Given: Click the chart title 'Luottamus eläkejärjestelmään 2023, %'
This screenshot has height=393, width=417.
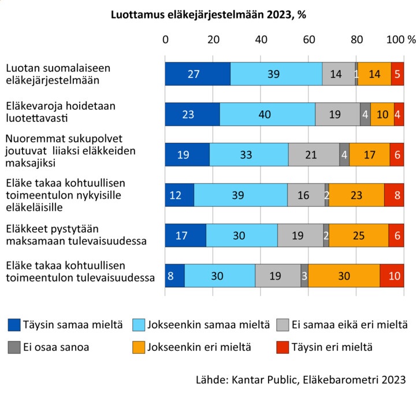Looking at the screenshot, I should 208,15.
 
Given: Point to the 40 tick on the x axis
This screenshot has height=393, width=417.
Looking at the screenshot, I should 261,40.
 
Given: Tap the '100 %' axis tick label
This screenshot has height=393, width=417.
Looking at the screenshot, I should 401,40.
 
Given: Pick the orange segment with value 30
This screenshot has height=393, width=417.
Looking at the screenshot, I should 344,275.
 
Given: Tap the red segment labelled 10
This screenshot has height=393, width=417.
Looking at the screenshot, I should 392,275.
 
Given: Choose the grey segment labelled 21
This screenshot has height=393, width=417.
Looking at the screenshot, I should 314,154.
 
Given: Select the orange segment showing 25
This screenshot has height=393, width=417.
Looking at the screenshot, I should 359,235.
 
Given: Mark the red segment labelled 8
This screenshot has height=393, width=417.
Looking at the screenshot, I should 394,195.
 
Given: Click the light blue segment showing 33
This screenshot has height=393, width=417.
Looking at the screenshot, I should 249,154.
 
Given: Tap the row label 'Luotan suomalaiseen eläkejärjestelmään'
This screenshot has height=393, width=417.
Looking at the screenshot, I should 57,74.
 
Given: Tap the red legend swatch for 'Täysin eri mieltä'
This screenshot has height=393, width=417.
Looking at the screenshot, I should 281,347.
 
